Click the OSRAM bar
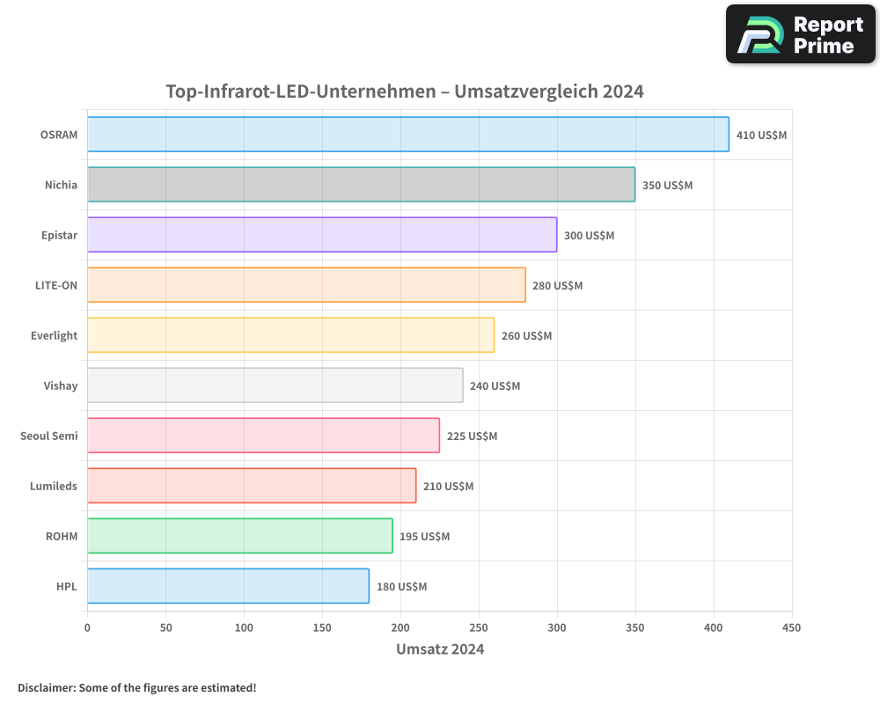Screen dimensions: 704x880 [x=408, y=135]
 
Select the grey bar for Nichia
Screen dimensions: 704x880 [x=361, y=185]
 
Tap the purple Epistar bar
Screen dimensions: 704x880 [x=322, y=235]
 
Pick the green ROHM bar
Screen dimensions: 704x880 [x=239, y=536]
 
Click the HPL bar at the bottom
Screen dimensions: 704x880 [x=228, y=586]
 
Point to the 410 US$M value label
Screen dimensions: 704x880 [x=761, y=136]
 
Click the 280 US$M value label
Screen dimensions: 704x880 [x=557, y=286]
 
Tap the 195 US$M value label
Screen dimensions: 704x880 [x=424, y=537]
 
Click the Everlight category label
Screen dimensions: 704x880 [x=55, y=336]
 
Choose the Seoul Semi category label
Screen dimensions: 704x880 [x=49, y=436]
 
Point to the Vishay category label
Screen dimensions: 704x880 [x=61, y=386]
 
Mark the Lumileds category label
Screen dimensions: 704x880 [x=54, y=487]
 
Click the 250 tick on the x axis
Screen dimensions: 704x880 [x=479, y=628]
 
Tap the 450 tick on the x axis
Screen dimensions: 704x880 [x=792, y=628]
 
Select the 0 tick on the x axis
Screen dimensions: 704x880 [x=87, y=628]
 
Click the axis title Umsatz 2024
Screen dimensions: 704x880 [x=440, y=649]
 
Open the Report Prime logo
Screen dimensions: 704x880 [x=801, y=34]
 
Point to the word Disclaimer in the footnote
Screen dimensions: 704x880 [x=46, y=688]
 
